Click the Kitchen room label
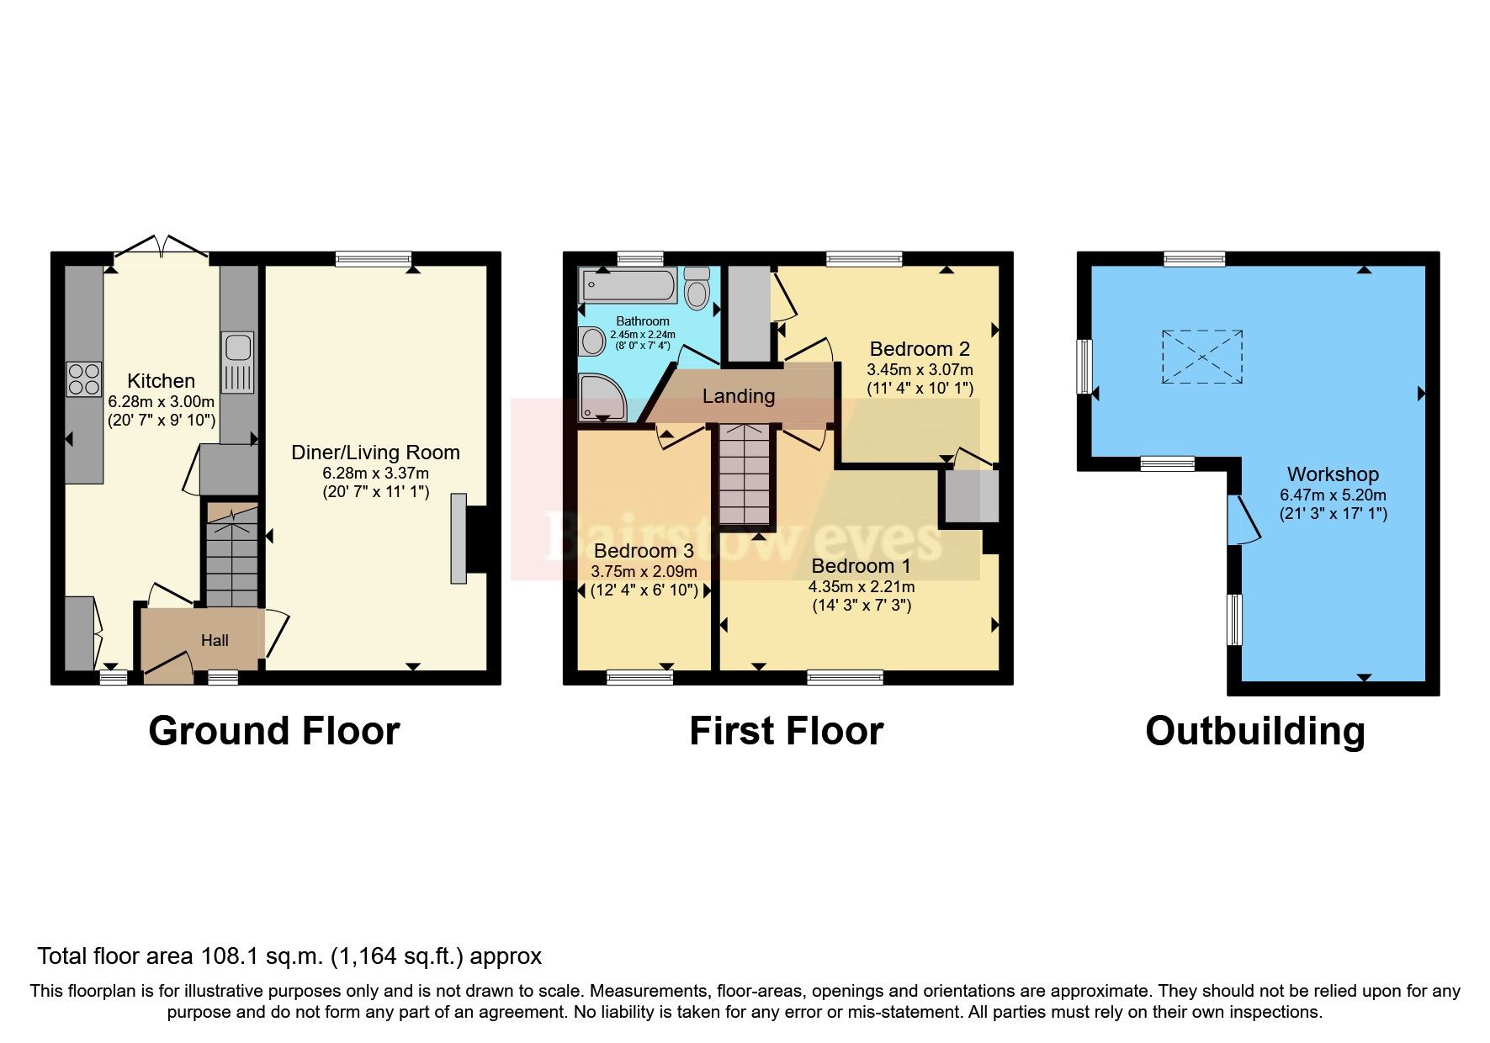coord(161,381)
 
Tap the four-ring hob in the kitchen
coord(84,379)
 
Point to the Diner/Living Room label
coord(375,453)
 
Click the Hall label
coord(215,641)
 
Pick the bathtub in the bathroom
coord(628,286)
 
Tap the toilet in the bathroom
coord(697,289)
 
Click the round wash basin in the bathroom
coord(592,341)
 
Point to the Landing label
coord(739,396)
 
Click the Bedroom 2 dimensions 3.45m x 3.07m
coord(920,369)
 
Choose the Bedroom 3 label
coord(644,551)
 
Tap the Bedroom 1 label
coord(862,566)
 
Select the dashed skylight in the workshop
coord(1202,357)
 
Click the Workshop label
coord(1333,474)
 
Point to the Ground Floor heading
coord(274,731)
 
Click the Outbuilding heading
coord(1255,731)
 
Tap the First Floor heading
coord(787,731)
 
